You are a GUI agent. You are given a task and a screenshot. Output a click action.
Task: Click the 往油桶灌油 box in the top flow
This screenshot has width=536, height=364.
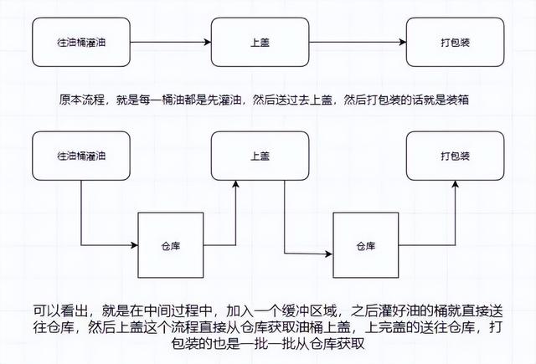pos(82,40)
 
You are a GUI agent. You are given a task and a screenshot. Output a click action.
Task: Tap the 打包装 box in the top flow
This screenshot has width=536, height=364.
pos(454,40)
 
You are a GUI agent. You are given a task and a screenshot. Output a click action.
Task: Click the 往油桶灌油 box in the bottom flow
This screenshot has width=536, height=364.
pos(82,156)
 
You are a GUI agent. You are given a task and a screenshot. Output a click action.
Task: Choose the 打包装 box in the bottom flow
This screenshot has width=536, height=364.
pos(454,156)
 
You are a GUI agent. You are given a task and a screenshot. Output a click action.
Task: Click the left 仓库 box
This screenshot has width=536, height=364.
pos(171,246)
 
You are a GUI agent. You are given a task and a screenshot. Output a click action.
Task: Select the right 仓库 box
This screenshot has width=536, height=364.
pos(366,246)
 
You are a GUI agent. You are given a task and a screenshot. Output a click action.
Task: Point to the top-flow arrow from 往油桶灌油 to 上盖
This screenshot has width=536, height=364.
pos(172,40)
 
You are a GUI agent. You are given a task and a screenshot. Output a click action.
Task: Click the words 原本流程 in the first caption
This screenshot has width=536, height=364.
pos(79,99)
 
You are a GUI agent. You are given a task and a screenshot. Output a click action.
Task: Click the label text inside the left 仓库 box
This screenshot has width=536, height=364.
pos(171,246)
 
